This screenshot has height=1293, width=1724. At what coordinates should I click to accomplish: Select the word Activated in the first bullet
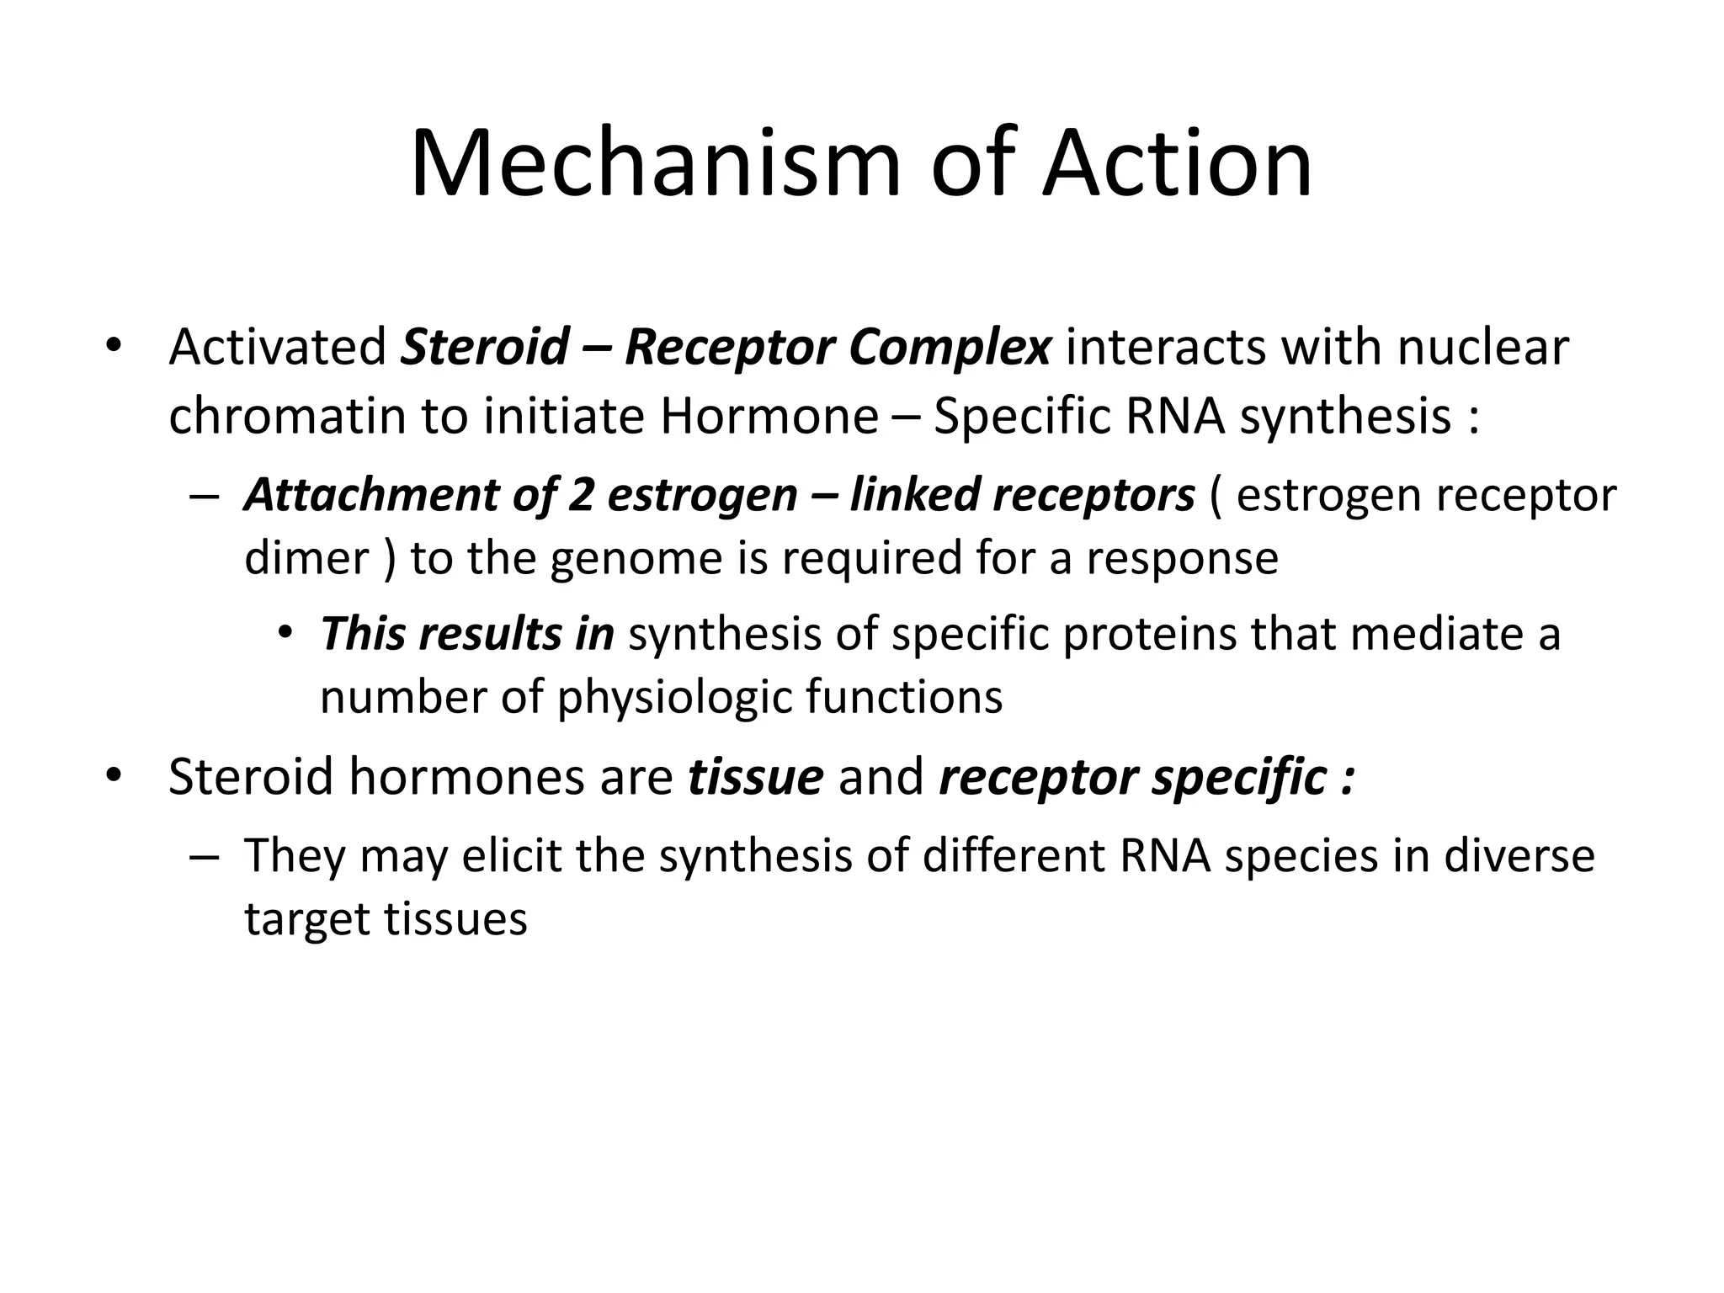(277, 347)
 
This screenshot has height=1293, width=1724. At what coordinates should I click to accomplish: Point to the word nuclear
(1483, 347)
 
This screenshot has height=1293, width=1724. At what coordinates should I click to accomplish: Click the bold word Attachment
(370, 495)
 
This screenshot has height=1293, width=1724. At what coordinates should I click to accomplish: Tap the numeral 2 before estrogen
(581, 495)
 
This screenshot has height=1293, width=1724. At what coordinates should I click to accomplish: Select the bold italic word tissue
(755, 776)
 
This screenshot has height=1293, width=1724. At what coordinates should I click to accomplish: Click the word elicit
(511, 855)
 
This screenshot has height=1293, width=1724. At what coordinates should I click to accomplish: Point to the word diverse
(1519, 855)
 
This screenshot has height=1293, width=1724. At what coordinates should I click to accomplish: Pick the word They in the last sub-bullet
(295, 855)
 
